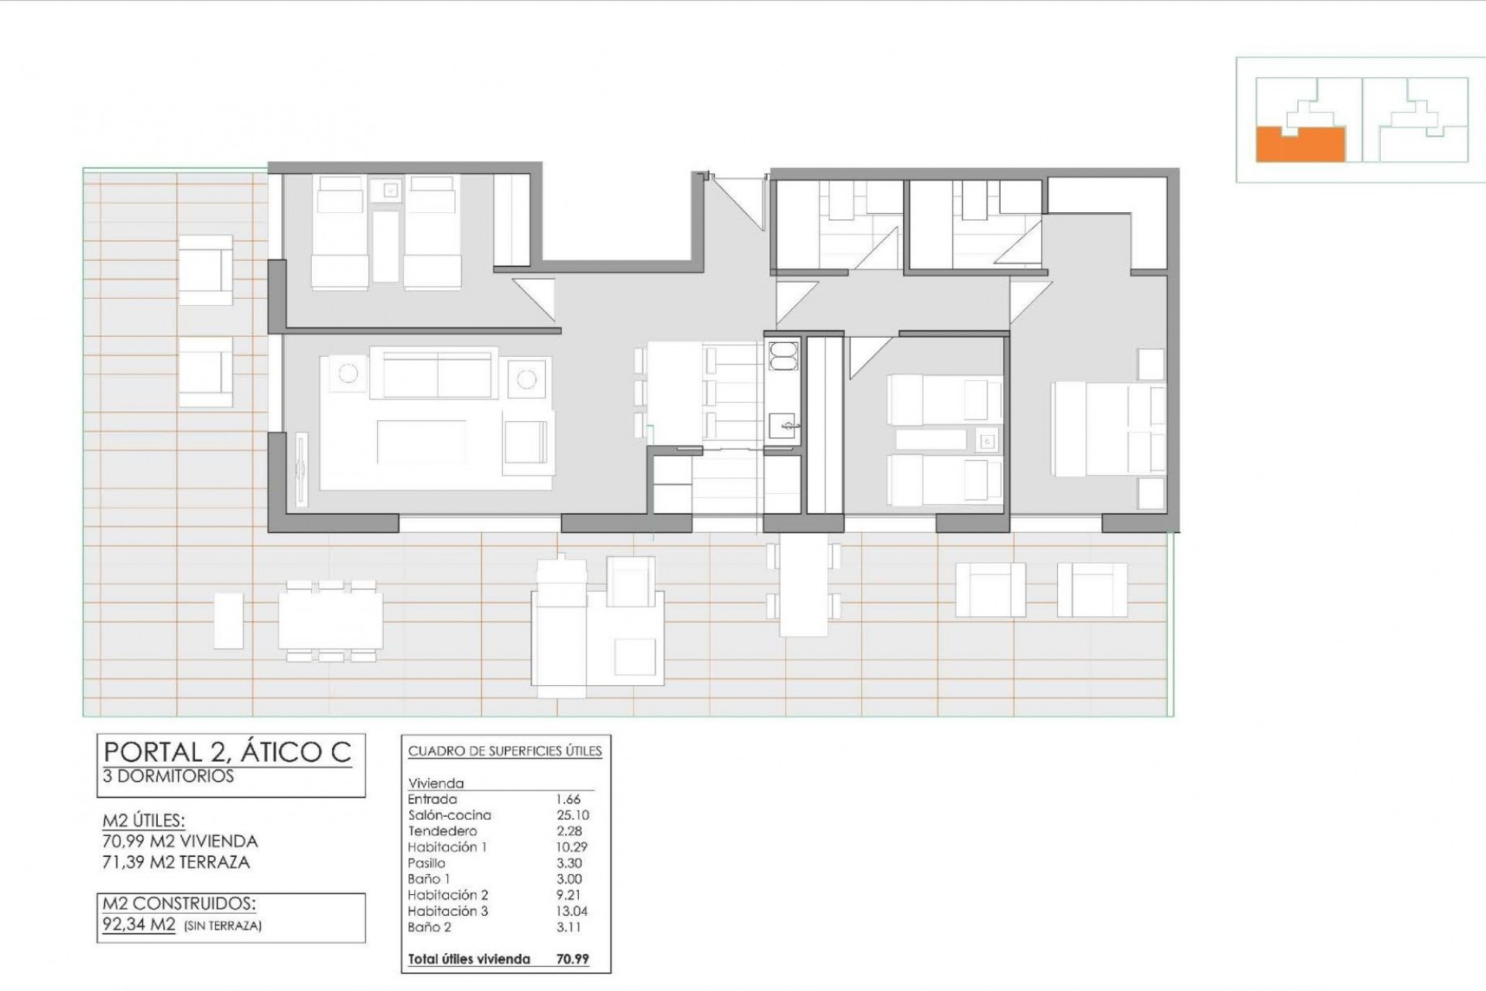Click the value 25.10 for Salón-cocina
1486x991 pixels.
(x=572, y=815)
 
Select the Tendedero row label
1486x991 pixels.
(x=442, y=832)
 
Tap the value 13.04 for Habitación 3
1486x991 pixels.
(x=572, y=911)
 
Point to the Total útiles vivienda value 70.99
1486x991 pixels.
(x=572, y=959)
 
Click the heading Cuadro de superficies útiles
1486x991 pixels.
(x=505, y=751)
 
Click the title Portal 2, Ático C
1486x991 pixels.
(x=228, y=752)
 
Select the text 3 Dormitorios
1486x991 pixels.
(x=168, y=777)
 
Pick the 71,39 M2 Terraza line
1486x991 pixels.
(x=176, y=862)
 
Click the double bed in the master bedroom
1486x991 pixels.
(x=1107, y=430)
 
